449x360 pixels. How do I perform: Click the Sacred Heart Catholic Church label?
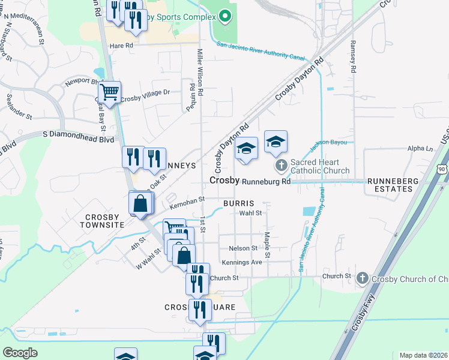point(319,166)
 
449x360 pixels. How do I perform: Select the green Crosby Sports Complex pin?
point(225,16)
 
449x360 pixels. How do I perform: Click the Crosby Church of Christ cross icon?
point(362,278)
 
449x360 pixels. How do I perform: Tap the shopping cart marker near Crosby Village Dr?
point(109,92)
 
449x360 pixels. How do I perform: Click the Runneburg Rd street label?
point(267,181)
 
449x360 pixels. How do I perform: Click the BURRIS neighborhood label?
point(240,203)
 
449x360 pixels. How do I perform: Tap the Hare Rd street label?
point(121,45)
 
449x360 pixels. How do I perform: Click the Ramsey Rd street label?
point(353,57)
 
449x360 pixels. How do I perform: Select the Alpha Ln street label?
point(420,148)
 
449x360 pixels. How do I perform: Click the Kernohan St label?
point(187,203)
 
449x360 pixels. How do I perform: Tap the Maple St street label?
point(268,246)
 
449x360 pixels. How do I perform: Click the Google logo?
point(20,353)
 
